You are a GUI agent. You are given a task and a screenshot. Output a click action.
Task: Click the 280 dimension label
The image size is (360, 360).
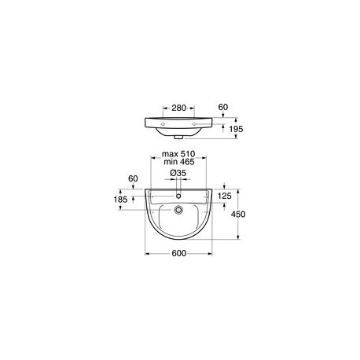(x=178, y=108)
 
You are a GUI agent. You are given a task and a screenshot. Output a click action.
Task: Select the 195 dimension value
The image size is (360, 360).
(x=236, y=129)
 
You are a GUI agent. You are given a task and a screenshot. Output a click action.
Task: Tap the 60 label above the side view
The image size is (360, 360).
(x=223, y=107)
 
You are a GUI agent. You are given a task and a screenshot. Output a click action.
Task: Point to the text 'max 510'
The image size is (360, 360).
(x=178, y=154)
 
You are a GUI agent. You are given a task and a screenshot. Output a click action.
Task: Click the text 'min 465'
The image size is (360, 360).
(x=179, y=162)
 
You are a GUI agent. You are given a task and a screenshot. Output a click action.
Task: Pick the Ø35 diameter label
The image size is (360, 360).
(x=178, y=173)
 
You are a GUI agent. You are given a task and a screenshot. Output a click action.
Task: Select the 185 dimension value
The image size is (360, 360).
(x=120, y=200)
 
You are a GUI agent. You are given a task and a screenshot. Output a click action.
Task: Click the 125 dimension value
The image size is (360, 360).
(x=225, y=196)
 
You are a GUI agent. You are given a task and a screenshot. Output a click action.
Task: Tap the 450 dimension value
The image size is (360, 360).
(x=238, y=215)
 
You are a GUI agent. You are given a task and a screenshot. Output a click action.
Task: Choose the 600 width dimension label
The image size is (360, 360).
(x=179, y=253)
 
